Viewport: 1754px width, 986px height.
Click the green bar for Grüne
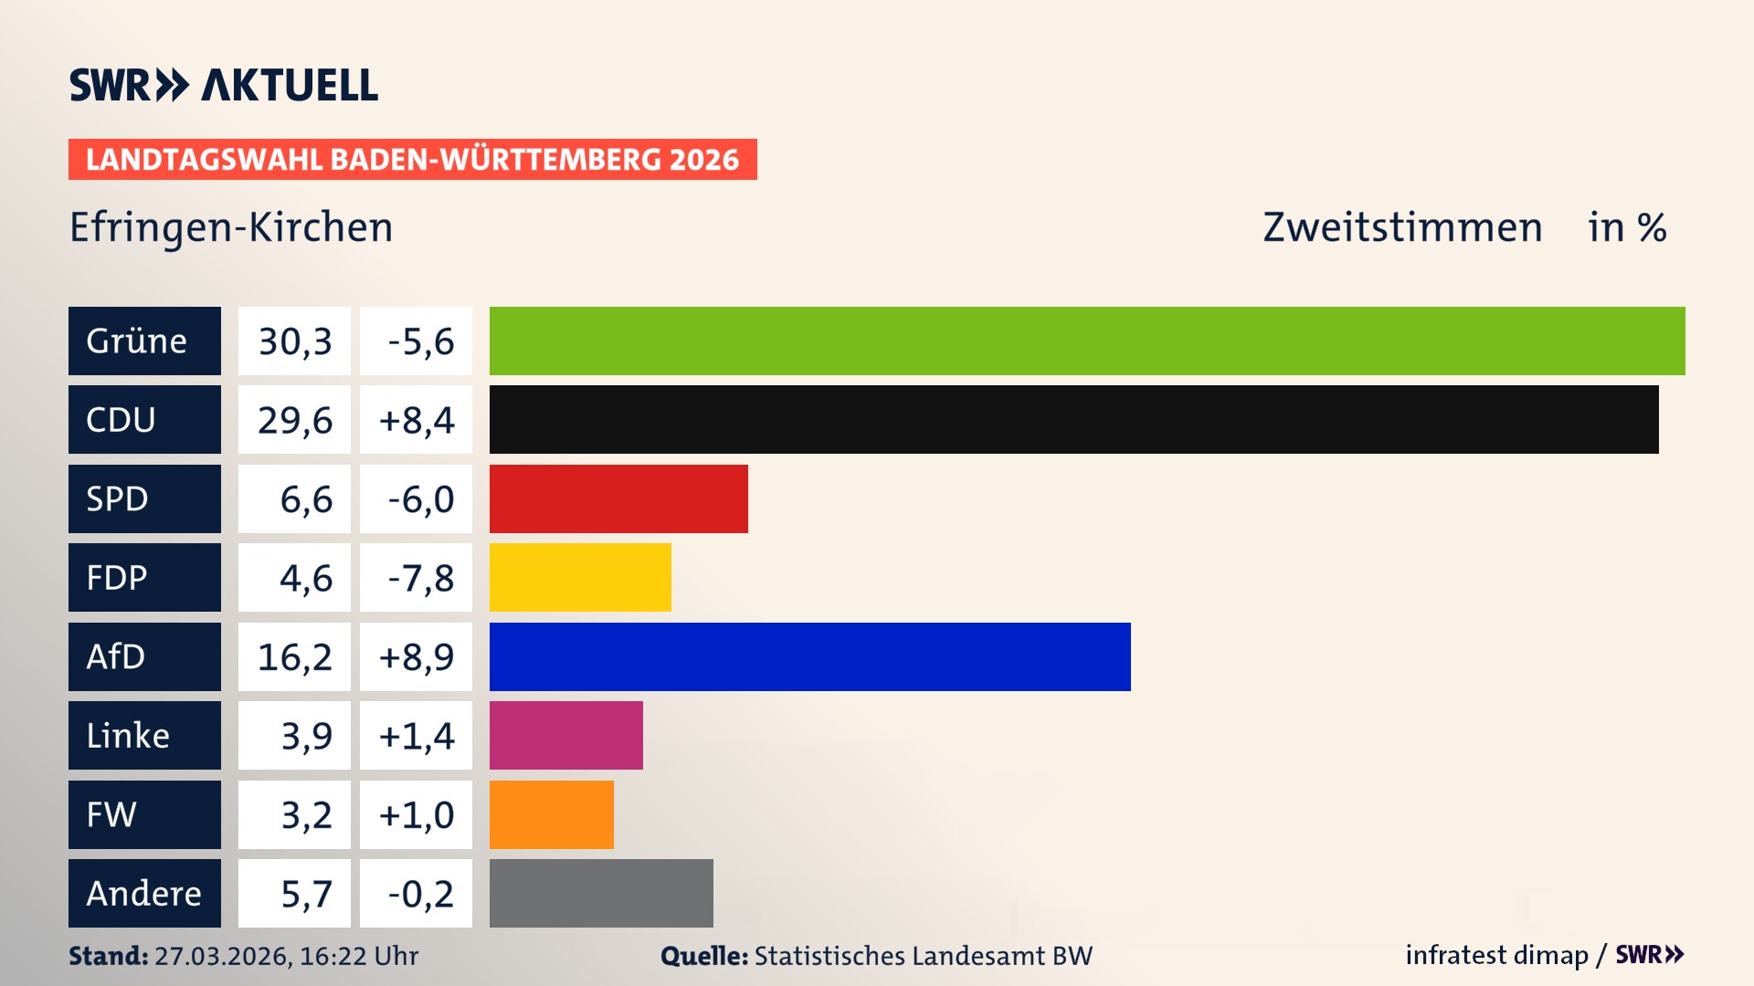(x=1087, y=341)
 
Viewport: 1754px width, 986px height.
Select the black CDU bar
(x=1073, y=420)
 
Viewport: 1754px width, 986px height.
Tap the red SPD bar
(x=618, y=498)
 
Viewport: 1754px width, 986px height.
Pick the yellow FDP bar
(x=580, y=577)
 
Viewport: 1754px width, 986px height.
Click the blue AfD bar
(x=809, y=656)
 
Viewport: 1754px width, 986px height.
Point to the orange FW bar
(x=551, y=814)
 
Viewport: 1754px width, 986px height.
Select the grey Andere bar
(x=601, y=893)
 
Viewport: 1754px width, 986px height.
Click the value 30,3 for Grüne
(x=294, y=341)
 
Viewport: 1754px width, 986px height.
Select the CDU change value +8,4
(x=416, y=420)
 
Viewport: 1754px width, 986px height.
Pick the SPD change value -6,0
(x=419, y=499)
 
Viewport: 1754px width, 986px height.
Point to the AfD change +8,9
(x=416, y=656)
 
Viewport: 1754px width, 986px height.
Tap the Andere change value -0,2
(x=419, y=894)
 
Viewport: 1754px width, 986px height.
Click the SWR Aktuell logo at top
(x=224, y=85)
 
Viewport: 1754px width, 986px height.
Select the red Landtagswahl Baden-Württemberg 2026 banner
(x=412, y=160)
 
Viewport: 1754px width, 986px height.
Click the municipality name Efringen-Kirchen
(x=231, y=227)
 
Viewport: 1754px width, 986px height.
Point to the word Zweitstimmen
(x=1402, y=227)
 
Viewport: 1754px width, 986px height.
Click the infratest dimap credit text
(x=1496, y=955)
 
